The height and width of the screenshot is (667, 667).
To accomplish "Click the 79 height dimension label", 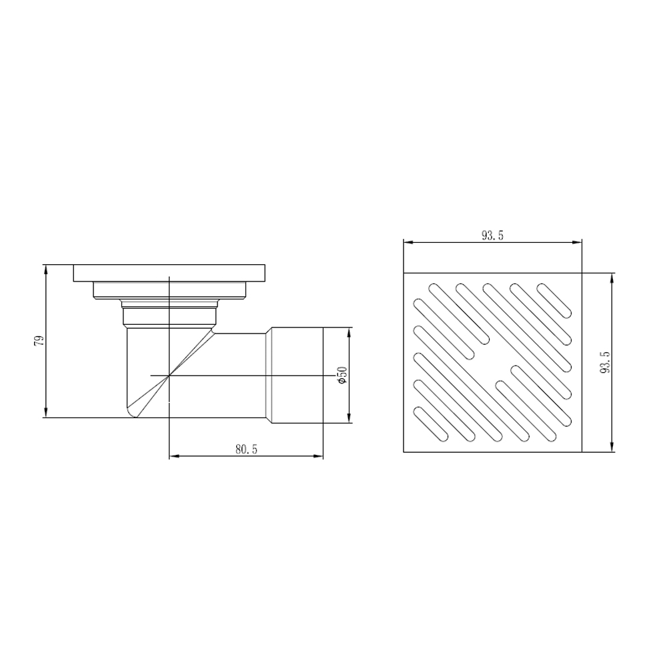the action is (x=39, y=341).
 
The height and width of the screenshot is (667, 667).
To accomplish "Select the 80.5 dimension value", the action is (x=247, y=449).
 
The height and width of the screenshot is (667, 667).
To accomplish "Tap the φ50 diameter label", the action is (x=343, y=375).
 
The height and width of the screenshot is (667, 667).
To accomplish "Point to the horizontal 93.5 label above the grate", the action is (x=493, y=235).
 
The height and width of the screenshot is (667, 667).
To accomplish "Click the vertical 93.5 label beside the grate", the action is (x=606, y=362).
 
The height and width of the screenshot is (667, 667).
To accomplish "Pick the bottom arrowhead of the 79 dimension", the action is (x=46, y=413).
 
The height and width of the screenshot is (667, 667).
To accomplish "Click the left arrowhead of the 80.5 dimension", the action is (x=174, y=456).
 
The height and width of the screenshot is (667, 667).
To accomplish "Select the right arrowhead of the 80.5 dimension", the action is (x=318, y=456).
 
